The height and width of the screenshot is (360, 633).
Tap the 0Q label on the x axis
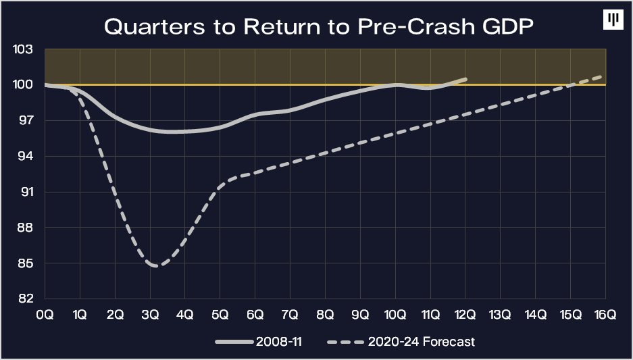pyautogui.click(x=45, y=314)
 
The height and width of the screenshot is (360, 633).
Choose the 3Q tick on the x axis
pyautogui.click(x=150, y=314)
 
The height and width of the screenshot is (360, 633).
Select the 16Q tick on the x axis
pyautogui.click(x=605, y=314)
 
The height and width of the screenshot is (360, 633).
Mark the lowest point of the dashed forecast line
pyautogui.click(x=156, y=266)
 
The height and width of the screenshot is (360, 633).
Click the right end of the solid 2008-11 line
pyautogui.click(x=465, y=79)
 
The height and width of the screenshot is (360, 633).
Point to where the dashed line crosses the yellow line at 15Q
pyautogui.click(x=570, y=85)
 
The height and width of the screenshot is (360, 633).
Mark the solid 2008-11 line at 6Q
pyautogui.click(x=255, y=115)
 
